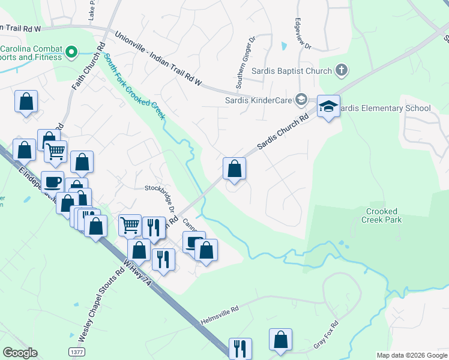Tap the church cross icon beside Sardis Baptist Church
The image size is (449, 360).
click(341, 71)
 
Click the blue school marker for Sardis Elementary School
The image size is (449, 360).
click(328, 107)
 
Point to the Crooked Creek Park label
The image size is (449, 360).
click(381, 215)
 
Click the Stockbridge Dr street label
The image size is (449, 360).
click(160, 199)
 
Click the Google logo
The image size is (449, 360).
click(20, 353)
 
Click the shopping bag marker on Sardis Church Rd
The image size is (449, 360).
click(234, 169)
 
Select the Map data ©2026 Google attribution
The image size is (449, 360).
click(411, 355)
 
